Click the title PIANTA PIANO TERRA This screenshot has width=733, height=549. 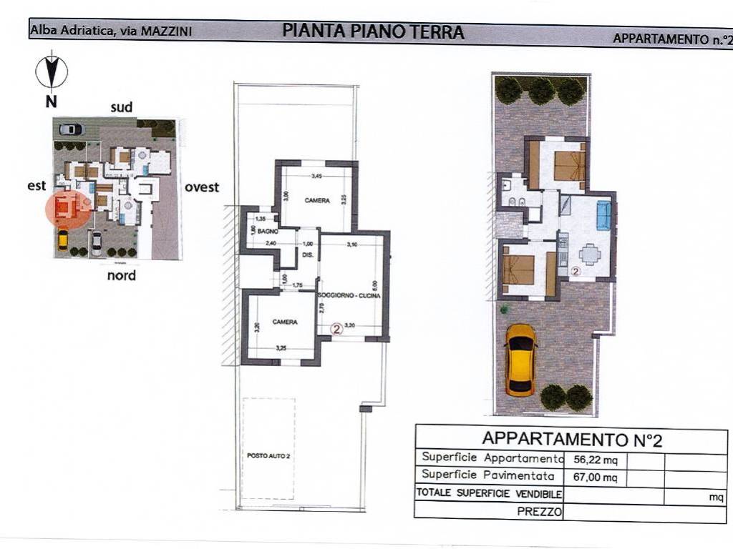coord(373,31)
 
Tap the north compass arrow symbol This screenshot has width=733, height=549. coord(51,71)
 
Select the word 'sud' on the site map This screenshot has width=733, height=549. coord(121,107)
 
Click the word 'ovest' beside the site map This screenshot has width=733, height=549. coord(202,187)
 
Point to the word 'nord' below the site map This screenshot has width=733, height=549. coord(122,275)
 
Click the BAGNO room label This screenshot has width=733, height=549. coord(268,232)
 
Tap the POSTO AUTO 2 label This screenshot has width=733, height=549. coord(263,455)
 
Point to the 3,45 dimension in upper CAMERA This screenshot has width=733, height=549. coord(316,176)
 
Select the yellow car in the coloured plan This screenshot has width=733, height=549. coord(521,360)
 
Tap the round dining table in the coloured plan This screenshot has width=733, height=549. coord(589,254)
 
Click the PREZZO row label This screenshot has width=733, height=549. coord(539,511)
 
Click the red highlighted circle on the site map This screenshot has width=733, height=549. coord(67,208)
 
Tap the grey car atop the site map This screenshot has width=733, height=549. coord(70,129)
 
